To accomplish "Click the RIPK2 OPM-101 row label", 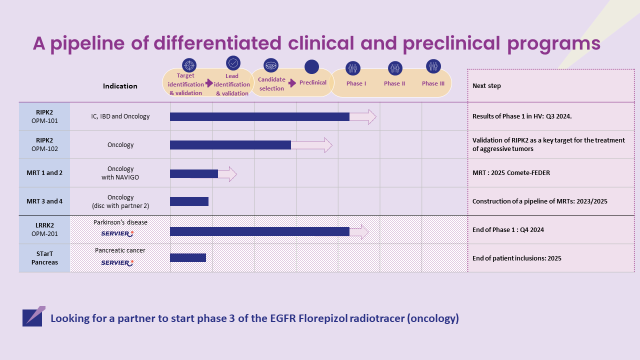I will (x=44, y=116).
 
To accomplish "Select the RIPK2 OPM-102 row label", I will (x=44, y=144).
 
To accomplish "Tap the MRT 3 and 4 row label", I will (x=44, y=201).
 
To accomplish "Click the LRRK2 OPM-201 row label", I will (x=44, y=229).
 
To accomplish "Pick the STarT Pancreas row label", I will (x=44, y=258).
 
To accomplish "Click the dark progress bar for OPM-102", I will (x=230, y=145).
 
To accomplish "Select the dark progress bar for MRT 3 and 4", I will (x=189, y=201).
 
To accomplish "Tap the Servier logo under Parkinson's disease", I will (x=117, y=233).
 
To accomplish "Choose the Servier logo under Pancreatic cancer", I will (x=117, y=262).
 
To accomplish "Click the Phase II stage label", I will (x=394, y=83).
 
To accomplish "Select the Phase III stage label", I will (x=433, y=83).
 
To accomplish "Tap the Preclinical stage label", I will (x=313, y=82).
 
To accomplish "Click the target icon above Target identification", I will (x=189, y=65).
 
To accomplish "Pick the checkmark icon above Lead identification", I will (x=233, y=63).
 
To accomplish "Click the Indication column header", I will (x=120, y=86).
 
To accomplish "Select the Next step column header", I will (x=486, y=86).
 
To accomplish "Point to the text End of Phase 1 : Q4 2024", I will (x=508, y=230).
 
